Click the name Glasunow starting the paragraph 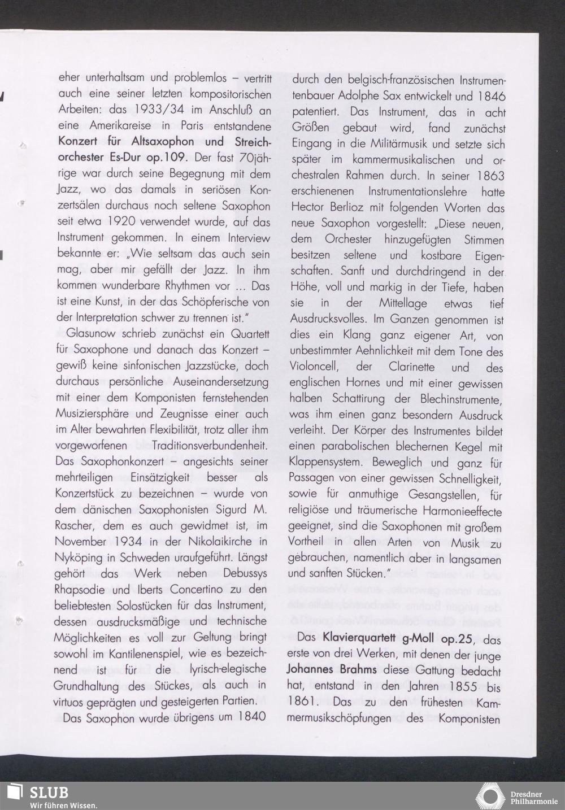coord(93,334)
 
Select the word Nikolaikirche coord(216,541)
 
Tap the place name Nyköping coord(78,558)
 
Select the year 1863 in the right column coord(489,176)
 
